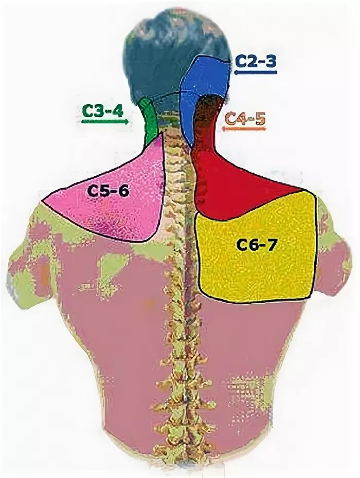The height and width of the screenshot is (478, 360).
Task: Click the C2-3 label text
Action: click(256, 61)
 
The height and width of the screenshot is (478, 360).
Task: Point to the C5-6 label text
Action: click(107, 191)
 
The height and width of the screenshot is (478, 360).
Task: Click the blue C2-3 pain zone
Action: click(206, 77)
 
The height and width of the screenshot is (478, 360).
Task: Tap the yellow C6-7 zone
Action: click(257, 267)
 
